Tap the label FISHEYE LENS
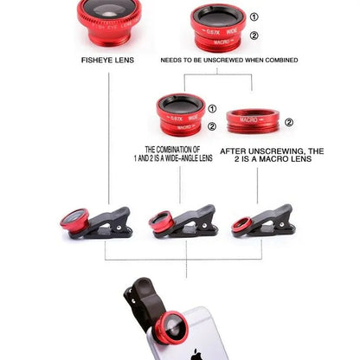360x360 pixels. click(107, 60)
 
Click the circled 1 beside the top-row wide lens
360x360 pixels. click(254, 17)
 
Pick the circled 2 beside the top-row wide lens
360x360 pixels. click(254, 35)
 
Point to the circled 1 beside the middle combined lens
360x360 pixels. click(213, 108)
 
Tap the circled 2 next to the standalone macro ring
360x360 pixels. click(288, 122)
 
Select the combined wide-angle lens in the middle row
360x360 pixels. click(180, 116)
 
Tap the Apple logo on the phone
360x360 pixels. click(197, 354)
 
